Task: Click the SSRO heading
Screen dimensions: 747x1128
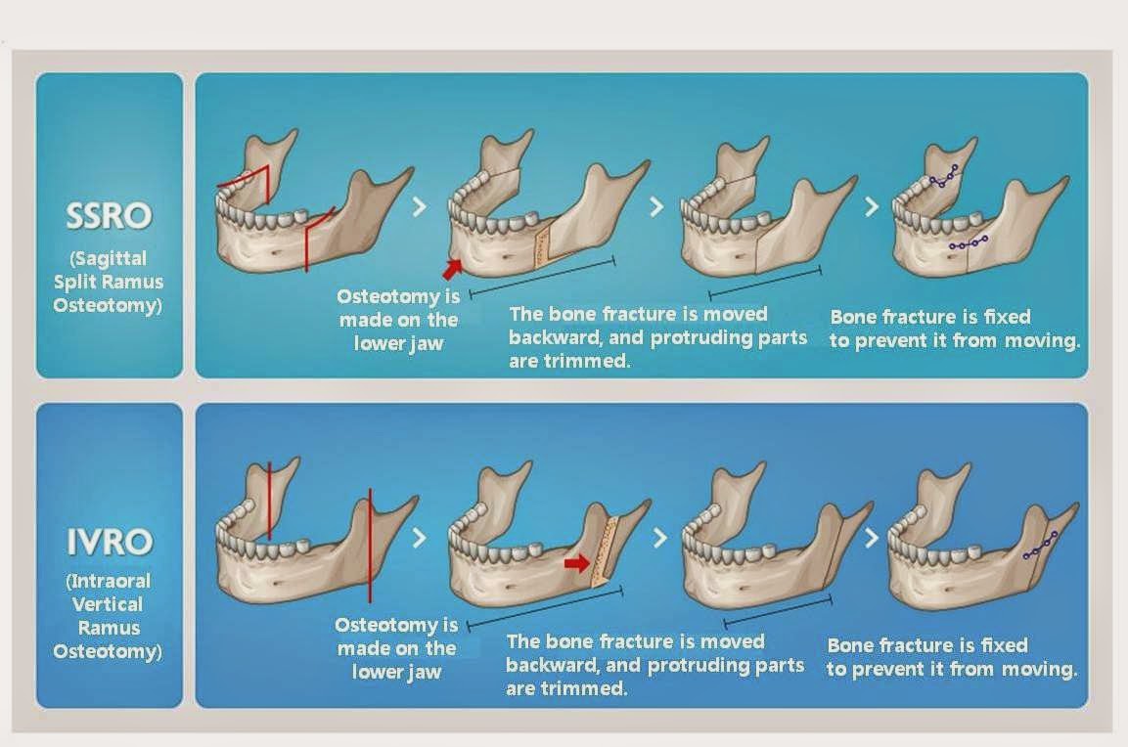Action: coord(109,216)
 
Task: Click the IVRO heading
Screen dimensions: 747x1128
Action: coord(109,542)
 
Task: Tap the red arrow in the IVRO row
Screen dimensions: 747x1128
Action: coord(577,563)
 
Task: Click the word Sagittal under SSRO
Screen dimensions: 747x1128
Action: coord(109,258)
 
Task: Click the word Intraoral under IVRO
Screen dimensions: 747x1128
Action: coord(109,581)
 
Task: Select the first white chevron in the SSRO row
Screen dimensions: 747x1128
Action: coord(420,206)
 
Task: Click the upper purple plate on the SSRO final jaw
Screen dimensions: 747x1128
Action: coord(943,177)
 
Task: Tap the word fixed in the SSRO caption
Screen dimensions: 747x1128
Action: coord(1005,317)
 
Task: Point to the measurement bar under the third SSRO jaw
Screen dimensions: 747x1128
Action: coord(764,281)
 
